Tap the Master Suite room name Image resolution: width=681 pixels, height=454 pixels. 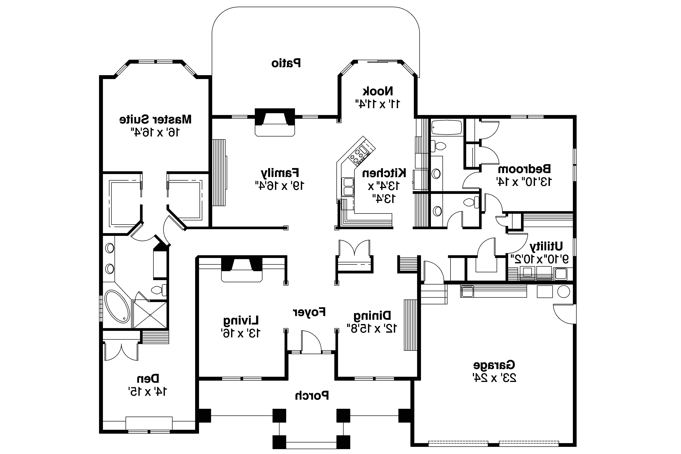(x=155, y=119)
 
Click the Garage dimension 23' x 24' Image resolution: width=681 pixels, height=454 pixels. (x=494, y=378)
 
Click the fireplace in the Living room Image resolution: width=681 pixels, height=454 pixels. (x=242, y=269)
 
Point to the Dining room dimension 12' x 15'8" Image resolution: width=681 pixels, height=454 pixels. (x=372, y=328)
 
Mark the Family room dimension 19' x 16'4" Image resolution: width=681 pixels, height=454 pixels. (x=279, y=185)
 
